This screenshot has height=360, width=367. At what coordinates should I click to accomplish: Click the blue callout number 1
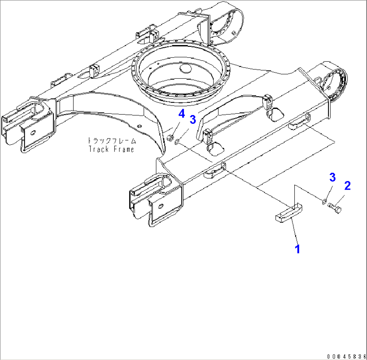(x=297, y=249)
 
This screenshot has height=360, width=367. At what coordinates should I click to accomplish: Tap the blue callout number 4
(x=181, y=114)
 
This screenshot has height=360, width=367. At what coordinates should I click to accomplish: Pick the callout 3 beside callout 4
(x=193, y=119)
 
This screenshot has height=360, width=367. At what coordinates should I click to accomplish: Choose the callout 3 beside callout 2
(x=332, y=178)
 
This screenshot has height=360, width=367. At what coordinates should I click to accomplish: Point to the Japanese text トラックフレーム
(x=111, y=140)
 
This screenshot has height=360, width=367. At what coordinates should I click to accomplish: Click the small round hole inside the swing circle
(x=185, y=69)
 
